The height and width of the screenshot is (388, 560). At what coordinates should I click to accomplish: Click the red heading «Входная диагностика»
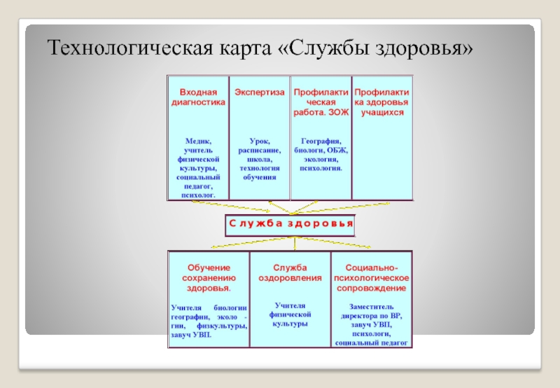[x=198, y=97]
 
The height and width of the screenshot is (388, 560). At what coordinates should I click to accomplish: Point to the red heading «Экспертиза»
[x=260, y=92]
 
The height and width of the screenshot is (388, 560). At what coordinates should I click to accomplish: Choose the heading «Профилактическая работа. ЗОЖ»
[x=319, y=102]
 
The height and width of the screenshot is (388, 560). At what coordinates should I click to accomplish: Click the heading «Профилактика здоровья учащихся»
[x=381, y=102]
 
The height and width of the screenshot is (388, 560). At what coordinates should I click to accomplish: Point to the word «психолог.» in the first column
[x=198, y=195]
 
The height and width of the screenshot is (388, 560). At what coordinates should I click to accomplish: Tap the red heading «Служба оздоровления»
[x=290, y=272]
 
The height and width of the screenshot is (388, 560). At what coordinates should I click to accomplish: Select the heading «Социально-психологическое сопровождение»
[x=372, y=277]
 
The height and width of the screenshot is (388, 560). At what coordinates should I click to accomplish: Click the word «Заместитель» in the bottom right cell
[x=372, y=306]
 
